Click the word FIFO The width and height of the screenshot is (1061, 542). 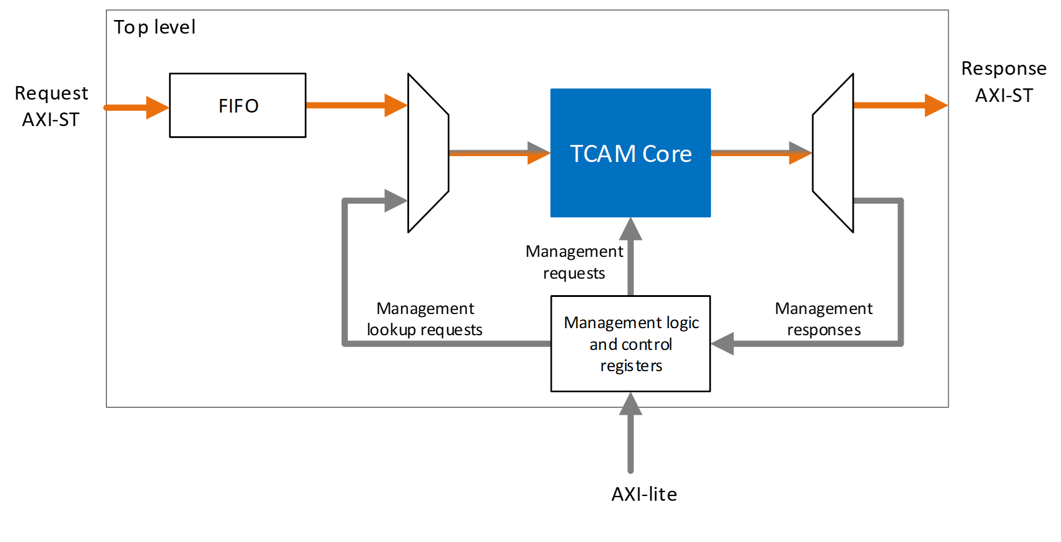[238, 106]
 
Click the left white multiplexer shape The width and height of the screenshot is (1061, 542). [428, 153]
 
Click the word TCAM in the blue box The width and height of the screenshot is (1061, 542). [602, 154]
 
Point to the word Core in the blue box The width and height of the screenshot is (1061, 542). [667, 154]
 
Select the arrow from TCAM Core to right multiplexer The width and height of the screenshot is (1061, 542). [761, 153]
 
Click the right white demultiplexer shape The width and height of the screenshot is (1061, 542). [833, 153]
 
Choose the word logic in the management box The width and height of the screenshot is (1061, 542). [683, 323]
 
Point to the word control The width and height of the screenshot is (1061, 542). [647, 345]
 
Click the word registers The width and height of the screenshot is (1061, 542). [631, 366]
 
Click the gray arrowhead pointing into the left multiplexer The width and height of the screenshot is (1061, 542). [395, 201]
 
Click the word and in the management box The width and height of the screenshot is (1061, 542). [603, 345]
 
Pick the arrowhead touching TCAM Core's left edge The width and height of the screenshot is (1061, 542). [538, 153]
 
